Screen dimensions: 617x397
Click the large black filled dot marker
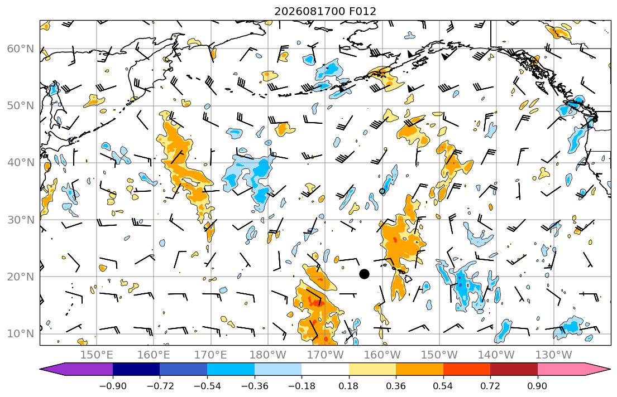pos(365,274)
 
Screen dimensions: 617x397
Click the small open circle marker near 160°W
pos(382,191)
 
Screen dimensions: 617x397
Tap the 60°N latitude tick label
pos(21,49)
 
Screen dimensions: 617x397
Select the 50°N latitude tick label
pos(21,106)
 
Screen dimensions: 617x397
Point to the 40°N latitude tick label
pos(21,162)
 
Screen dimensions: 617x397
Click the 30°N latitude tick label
pos(21,220)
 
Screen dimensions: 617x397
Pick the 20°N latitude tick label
pos(21,277)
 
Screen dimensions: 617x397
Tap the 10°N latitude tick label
pos(21,334)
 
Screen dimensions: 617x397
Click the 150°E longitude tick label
pos(97,355)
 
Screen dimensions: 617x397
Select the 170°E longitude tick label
pos(211,355)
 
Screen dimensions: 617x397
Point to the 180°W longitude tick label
pos(268,355)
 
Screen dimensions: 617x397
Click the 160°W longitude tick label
pos(382,355)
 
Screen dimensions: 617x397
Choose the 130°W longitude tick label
pos(554,355)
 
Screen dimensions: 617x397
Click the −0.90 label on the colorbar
pos(113,386)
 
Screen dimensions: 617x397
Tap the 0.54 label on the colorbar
pos(443,386)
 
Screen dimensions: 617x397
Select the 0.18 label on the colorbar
pos(348,386)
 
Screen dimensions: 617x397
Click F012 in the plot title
pos(362,11)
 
